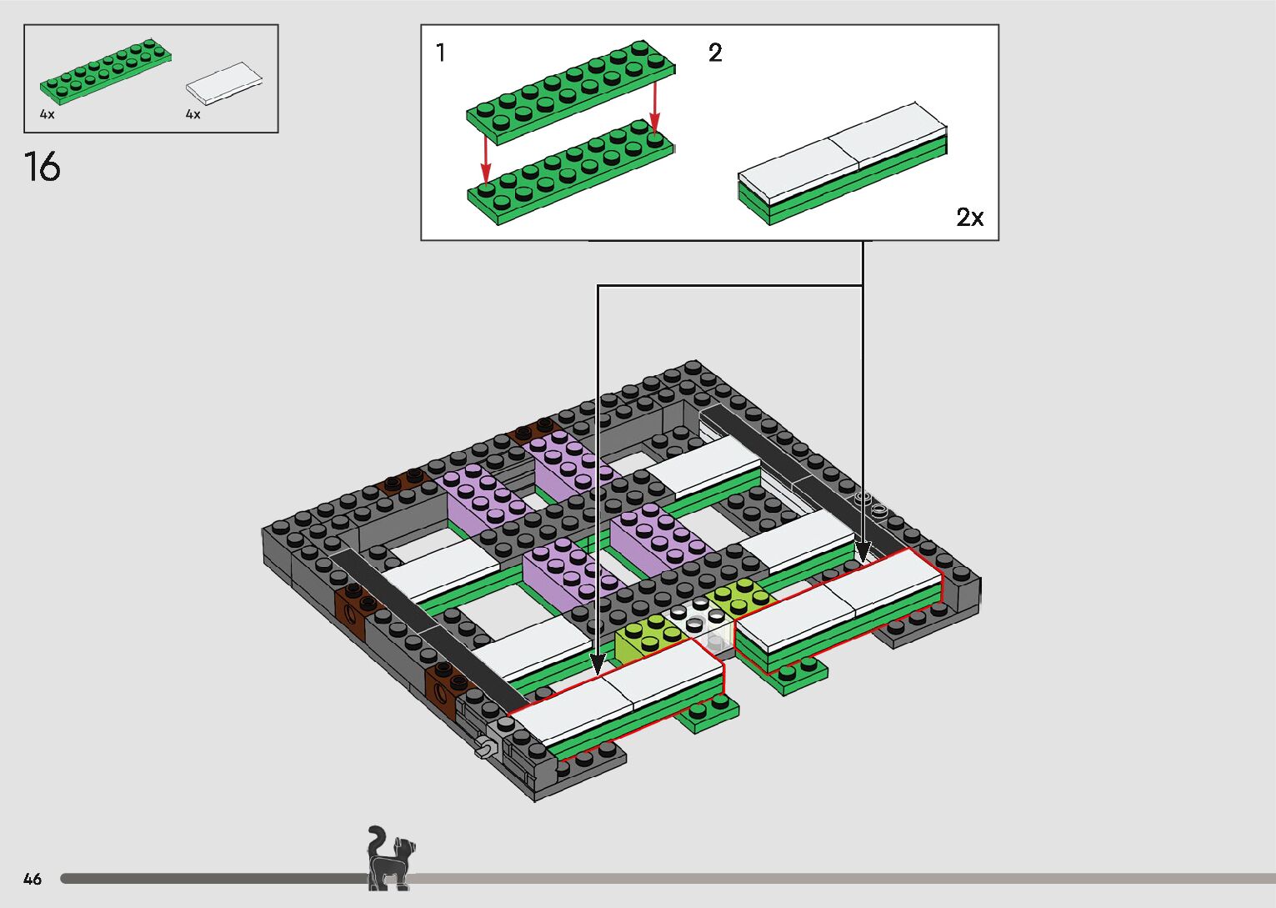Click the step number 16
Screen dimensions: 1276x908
coord(43,167)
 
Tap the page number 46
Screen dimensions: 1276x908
coord(33,878)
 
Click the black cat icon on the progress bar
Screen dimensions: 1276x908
coord(390,858)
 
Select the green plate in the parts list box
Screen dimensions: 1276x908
coord(106,71)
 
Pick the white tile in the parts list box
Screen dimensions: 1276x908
coord(224,83)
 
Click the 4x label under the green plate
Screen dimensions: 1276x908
coord(48,114)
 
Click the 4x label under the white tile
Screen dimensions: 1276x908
coord(193,114)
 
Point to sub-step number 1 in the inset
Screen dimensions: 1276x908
coord(440,53)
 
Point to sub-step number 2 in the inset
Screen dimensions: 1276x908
coord(715,53)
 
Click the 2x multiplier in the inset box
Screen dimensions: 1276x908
coord(969,217)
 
